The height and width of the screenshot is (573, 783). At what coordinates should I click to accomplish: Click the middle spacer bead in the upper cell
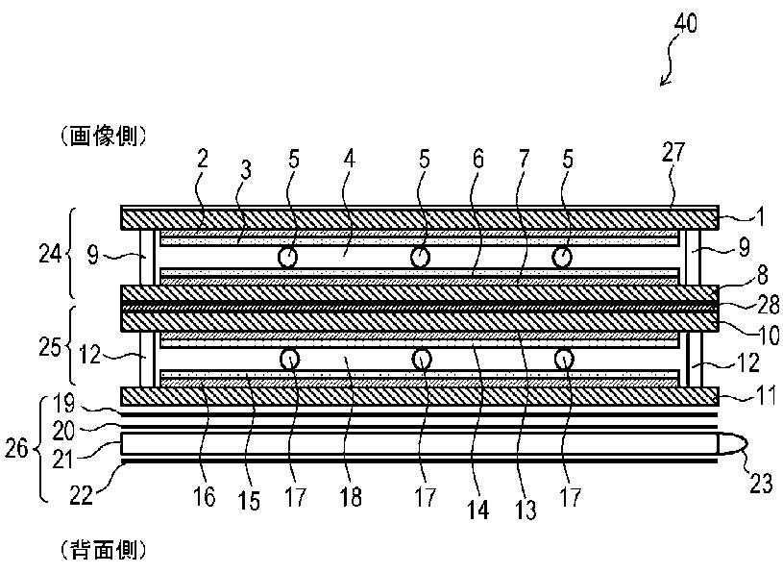point(419,258)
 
